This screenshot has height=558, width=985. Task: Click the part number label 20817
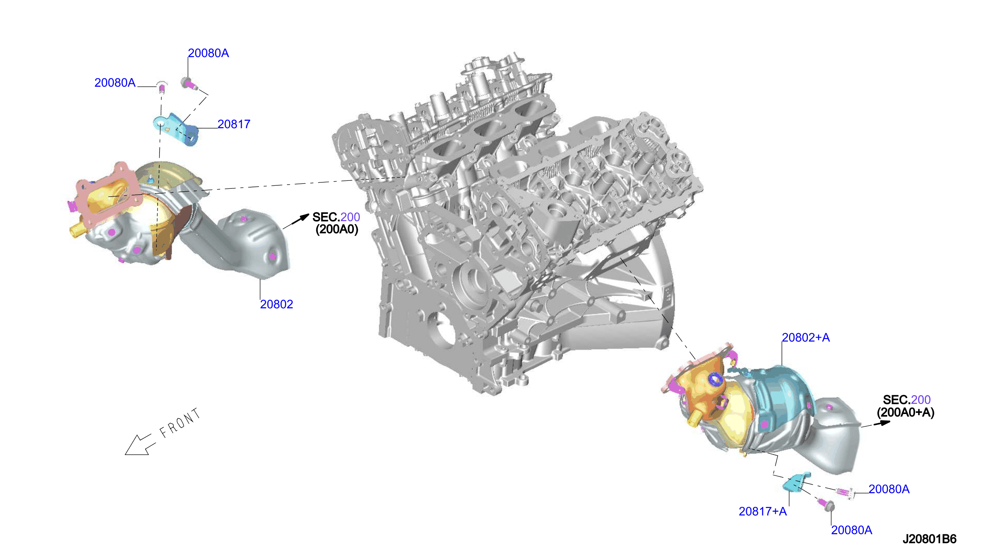click(234, 124)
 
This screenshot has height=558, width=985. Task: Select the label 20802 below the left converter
click(276, 304)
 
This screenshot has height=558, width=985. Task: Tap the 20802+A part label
click(806, 338)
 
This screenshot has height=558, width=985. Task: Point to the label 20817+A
click(763, 511)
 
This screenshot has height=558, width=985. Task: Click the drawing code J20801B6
click(929, 539)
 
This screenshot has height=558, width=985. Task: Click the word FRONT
click(180, 423)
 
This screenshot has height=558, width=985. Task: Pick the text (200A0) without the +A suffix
click(337, 229)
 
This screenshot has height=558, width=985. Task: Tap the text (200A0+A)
click(905, 412)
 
